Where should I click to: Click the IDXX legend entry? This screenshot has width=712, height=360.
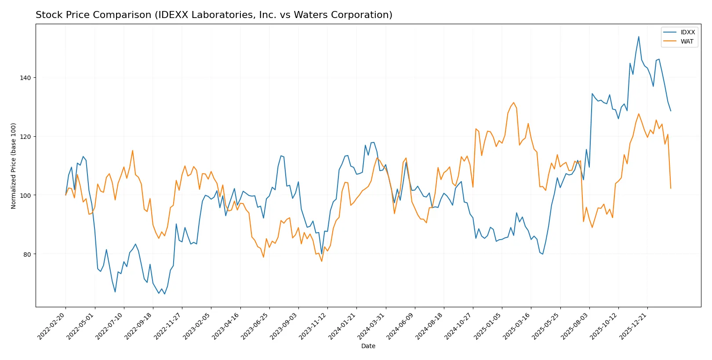click(687, 32)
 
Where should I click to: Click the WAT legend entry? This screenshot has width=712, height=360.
click(687, 41)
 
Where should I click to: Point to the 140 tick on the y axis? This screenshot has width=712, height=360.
click(25, 78)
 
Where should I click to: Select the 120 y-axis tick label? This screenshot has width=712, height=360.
click(25, 137)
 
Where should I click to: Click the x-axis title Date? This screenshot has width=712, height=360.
click(368, 346)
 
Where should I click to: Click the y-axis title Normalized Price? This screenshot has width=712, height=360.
click(14, 166)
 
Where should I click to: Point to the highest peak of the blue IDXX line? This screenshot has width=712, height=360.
click(639, 36)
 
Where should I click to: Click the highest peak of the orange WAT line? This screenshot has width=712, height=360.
click(513, 102)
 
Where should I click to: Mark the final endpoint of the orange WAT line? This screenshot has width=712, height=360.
click(671, 188)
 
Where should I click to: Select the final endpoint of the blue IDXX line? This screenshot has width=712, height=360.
click(671, 111)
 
